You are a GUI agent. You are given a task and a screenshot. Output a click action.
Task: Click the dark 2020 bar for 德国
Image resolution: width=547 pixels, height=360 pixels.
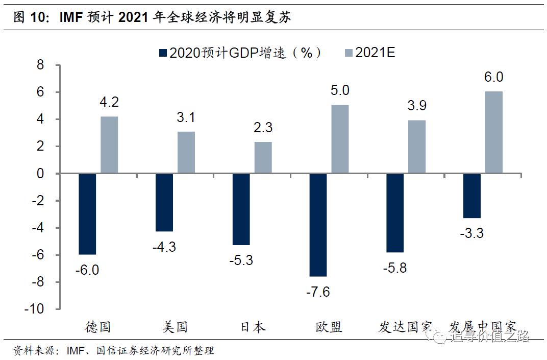pos(87,214)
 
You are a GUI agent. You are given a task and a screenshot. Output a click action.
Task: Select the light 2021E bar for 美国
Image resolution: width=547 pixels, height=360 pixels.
pos(186,153)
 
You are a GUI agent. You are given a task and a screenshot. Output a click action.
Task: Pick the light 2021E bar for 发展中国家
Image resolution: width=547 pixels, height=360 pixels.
pos(494,133)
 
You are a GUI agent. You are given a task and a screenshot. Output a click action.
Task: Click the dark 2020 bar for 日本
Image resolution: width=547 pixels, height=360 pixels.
pos(241,209)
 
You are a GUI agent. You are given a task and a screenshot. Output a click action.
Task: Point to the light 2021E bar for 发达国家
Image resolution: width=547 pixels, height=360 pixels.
pos(417,147)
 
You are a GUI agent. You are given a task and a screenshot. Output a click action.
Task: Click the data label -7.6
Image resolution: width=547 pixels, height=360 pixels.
pos(318,292)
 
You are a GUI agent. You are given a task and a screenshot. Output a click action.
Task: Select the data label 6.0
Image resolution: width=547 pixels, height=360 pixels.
pos(493,77)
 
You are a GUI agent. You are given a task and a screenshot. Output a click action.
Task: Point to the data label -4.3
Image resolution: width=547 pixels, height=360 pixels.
pos(164,247)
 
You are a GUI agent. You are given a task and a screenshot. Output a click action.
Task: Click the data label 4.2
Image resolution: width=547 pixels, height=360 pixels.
pos(109,102)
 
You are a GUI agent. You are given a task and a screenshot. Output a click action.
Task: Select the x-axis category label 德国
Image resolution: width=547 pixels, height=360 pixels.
pos(98,327)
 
